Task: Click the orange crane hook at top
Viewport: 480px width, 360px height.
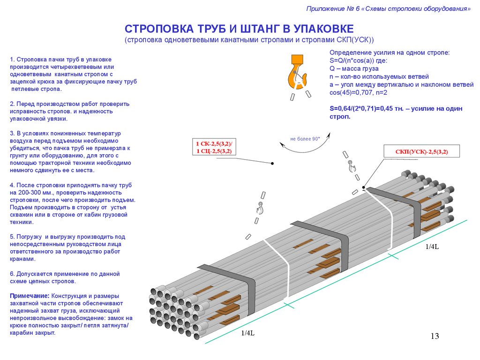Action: pyautogui.click(x=297, y=72)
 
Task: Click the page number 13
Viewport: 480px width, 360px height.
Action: pyautogui.click(x=434, y=336)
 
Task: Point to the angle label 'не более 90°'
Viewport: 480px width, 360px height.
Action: pyautogui.click(x=305, y=139)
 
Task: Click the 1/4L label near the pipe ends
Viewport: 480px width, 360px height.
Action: pyautogui.click(x=247, y=333)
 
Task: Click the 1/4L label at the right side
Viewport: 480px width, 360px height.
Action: pyautogui.click(x=432, y=247)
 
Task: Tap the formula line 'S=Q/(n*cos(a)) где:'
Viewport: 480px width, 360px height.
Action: pyautogui.click(x=359, y=60)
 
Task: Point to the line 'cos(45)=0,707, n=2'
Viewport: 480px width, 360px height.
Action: pyautogui.click(x=360, y=92)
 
